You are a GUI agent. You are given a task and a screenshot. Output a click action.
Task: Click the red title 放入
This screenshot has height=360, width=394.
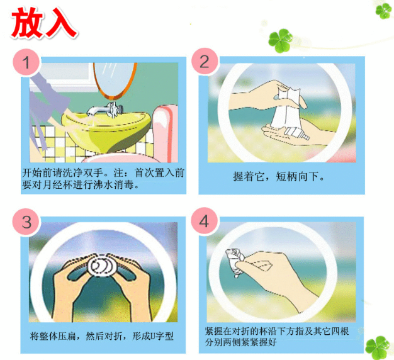coord(44,23)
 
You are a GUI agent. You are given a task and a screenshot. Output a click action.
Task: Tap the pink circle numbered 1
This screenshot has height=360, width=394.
coord(27,62)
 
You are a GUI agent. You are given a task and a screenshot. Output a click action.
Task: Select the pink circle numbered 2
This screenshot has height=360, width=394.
coord(205,62)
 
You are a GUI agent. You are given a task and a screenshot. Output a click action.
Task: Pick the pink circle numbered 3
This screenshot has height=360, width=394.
coord(26,222)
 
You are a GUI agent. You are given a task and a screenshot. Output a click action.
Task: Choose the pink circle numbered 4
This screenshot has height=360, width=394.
coord(205,222)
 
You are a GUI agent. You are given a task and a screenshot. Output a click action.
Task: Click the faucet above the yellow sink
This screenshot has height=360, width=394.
coord(106,110)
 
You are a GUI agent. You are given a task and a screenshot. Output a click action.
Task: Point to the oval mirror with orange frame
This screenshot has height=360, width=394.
coord(115,80)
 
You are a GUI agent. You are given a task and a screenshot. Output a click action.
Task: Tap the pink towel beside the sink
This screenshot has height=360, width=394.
coord(165,133)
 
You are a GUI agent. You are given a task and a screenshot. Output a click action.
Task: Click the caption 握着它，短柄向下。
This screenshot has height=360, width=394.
coord(279,177)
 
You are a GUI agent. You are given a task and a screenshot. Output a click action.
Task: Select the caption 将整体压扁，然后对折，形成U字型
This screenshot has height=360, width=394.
coord(102,336)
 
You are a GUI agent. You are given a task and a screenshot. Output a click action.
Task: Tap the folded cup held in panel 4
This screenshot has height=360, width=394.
coord(235,261)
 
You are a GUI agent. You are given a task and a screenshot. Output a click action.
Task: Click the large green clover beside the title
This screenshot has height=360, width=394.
coord(280,40)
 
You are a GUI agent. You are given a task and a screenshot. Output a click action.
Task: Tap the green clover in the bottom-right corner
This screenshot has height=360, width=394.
coord(378,347)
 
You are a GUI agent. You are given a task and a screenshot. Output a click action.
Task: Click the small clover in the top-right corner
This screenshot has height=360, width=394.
coord(383,11)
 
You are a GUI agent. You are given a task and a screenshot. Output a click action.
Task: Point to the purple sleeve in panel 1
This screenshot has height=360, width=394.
coord(48,101)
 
